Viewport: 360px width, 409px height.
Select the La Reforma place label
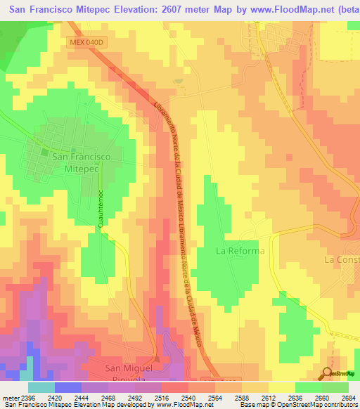[x=240, y=251]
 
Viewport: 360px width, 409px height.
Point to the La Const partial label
[x=342, y=259]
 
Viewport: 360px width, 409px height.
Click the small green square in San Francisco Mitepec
[x=44, y=152]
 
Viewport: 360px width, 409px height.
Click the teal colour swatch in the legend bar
[x=41, y=387]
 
